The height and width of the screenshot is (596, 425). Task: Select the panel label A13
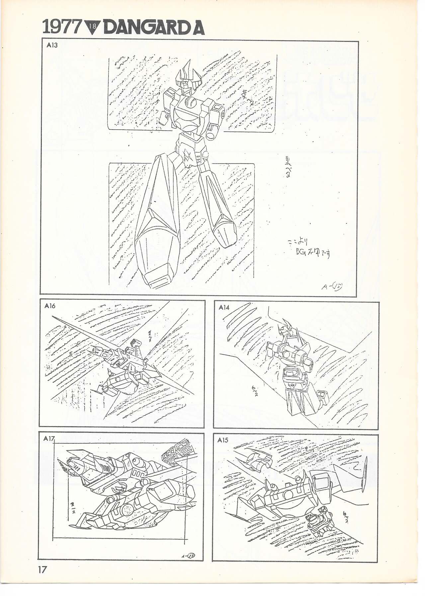pyautogui.click(x=52, y=46)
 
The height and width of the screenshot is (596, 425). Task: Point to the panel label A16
pyautogui.click(x=50, y=306)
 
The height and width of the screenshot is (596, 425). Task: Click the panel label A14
pyautogui.click(x=224, y=307)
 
